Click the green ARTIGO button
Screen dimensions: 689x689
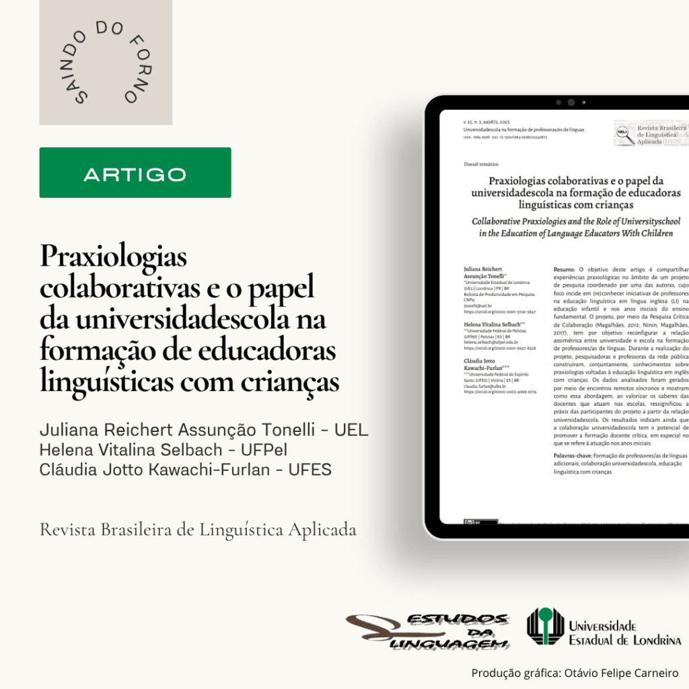pos(135,173)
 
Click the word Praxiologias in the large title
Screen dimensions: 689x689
pos(113,257)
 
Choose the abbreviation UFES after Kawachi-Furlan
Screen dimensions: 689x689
pos(310,470)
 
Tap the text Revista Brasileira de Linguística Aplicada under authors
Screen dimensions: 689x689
pos(198,530)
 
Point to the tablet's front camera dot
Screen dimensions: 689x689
pos(571,103)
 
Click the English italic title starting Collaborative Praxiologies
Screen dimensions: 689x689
pos(575,227)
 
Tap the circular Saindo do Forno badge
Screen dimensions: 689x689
pos(106,63)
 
